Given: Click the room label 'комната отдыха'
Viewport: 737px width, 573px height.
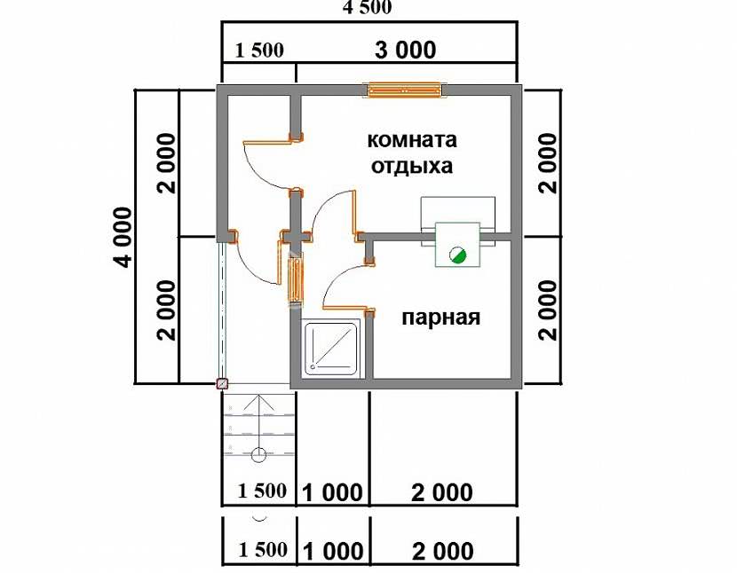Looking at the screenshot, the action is (x=412, y=153).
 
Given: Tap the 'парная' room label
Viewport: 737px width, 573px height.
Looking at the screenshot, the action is (x=441, y=318).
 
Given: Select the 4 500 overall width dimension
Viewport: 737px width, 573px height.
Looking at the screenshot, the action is (x=368, y=7).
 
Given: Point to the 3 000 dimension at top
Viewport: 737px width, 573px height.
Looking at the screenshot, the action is (x=405, y=50).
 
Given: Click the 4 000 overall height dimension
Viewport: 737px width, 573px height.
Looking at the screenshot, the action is (x=123, y=237).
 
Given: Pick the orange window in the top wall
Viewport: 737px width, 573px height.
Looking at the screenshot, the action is (x=405, y=90).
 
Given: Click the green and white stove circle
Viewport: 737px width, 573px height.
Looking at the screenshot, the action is (x=457, y=255).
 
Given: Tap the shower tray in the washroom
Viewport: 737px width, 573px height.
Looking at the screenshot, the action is (x=331, y=348).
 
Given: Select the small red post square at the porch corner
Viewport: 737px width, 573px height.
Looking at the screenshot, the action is (x=222, y=384).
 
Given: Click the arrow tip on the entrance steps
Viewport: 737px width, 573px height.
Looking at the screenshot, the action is (x=258, y=396).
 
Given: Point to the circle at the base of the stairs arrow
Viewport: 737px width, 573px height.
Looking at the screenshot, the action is (x=258, y=455).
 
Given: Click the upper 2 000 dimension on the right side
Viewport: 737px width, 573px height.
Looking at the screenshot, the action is (x=548, y=163).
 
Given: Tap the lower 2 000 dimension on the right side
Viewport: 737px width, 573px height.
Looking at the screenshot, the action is (x=548, y=310).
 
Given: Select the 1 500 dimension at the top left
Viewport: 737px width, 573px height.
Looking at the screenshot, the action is (x=259, y=51).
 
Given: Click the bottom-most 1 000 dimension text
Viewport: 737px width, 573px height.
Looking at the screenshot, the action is (x=333, y=552).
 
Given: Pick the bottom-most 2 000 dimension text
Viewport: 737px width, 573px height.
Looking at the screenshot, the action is (x=443, y=552).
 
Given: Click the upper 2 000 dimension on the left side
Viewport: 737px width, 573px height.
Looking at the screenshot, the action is (x=166, y=163).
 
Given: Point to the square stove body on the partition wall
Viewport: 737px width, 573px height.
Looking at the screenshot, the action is (x=457, y=245).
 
